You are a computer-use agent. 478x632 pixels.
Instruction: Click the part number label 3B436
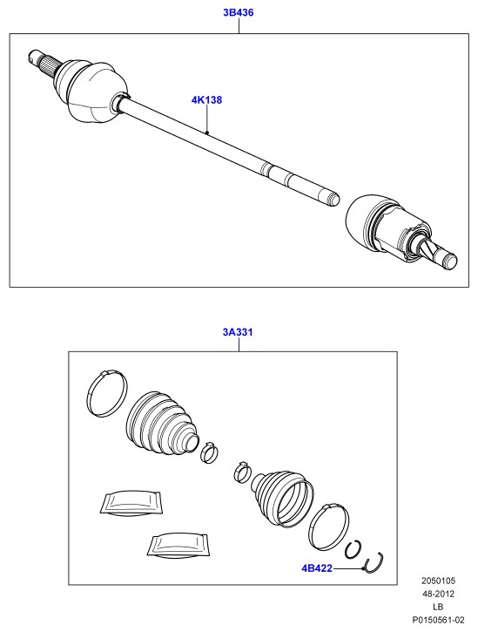pos(239,12)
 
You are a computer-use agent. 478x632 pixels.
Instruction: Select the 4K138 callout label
pos(206,99)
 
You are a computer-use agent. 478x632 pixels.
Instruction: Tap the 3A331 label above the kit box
pos(238,332)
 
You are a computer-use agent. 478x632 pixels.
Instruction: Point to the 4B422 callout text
pos(317,568)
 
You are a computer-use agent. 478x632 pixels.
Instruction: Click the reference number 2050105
pos(438,581)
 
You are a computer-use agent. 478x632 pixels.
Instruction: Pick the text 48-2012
pos(438,594)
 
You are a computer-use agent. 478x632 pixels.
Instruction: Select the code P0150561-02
pos(438,620)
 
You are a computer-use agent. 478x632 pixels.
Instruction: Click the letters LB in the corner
pos(438,607)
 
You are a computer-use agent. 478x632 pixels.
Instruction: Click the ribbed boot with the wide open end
pos(283,497)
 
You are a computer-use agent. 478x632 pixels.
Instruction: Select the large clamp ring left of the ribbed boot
pos(107,393)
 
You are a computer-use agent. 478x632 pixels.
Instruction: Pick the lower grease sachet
pos(178,547)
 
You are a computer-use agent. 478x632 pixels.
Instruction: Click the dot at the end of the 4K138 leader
pos(206,133)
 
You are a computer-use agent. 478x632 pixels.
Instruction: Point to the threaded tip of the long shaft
pos(333,198)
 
